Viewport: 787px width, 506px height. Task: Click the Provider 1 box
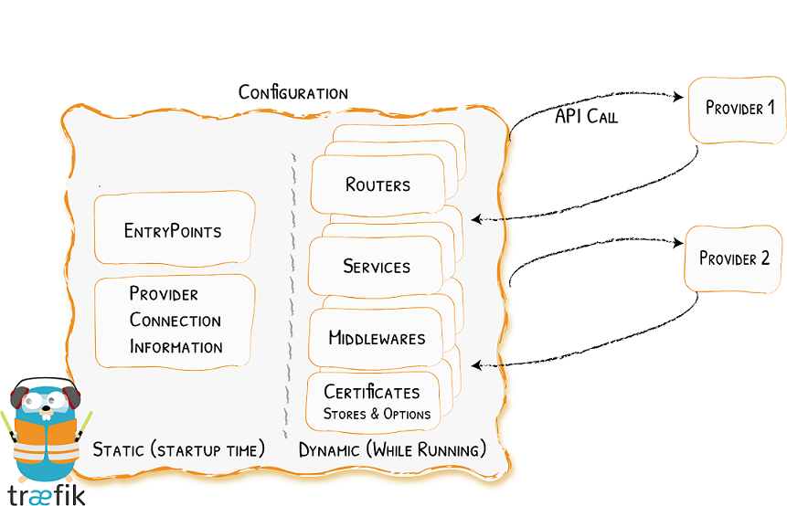pos(739,109)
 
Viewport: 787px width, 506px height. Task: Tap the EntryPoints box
pos(174,229)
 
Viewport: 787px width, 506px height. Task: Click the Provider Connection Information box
pos(175,321)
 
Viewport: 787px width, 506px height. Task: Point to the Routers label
pos(378,184)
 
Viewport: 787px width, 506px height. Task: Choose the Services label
pos(377,267)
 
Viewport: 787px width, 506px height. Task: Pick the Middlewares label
pos(377,338)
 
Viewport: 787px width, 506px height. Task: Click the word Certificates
pos(372,393)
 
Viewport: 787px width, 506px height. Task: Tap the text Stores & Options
pos(377,414)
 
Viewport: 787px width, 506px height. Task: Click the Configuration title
pos(292,93)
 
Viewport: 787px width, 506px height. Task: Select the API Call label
pos(587,116)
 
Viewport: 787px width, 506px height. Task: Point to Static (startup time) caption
pos(179,449)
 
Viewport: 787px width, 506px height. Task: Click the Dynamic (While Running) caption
pos(392,450)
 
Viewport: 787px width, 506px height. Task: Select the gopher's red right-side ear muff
pos(74,399)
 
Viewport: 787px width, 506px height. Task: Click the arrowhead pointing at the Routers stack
pos(476,218)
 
